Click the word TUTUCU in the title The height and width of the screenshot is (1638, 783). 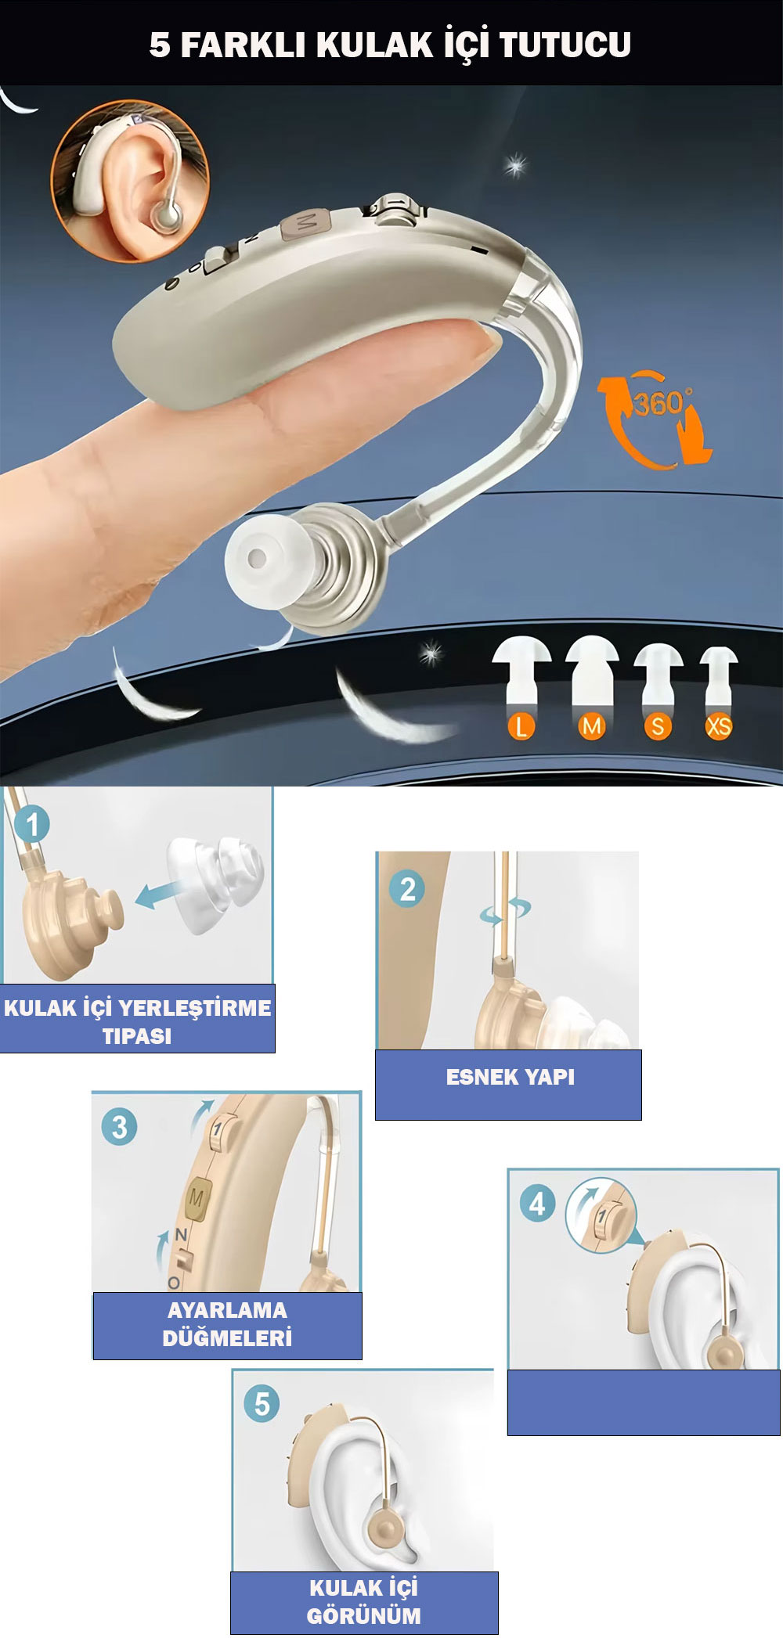click(565, 45)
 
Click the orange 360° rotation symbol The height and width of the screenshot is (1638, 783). click(656, 419)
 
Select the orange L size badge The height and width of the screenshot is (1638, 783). click(521, 726)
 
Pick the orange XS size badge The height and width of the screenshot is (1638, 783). click(719, 726)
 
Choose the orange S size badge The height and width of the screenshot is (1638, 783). click(658, 726)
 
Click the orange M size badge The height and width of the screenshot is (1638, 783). click(592, 726)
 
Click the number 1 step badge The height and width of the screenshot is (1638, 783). click(32, 824)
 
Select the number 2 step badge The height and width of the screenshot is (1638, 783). click(407, 890)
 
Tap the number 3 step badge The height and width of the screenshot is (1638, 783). click(119, 1127)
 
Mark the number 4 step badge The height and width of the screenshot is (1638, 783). click(537, 1204)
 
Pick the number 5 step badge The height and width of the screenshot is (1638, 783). click(262, 1404)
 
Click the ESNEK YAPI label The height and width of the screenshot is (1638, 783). click(510, 1077)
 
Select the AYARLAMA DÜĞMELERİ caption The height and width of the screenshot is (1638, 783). click(227, 1323)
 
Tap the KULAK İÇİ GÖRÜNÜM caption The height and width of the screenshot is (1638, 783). click(364, 1601)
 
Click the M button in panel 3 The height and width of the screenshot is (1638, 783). click(197, 1199)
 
